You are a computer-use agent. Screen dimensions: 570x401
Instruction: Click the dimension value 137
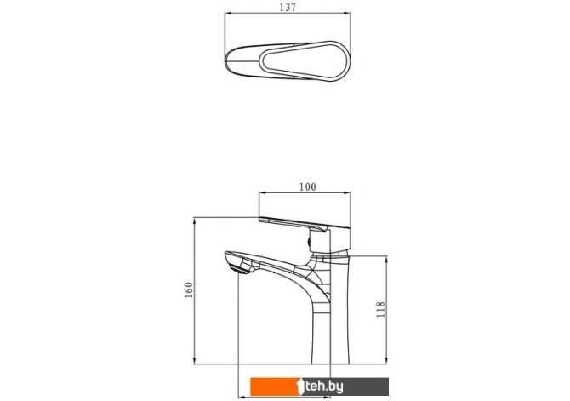click(288, 8)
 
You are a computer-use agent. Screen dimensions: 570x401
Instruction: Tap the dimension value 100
click(307, 187)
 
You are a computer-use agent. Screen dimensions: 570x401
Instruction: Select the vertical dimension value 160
click(189, 290)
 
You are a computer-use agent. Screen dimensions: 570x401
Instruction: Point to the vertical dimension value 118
click(380, 310)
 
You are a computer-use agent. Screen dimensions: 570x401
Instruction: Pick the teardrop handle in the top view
click(305, 60)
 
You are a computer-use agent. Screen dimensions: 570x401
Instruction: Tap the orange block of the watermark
click(274, 387)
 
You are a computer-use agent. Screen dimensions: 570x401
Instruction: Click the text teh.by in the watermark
click(324, 387)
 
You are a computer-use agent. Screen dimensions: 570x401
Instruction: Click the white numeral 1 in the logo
click(300, 387)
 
